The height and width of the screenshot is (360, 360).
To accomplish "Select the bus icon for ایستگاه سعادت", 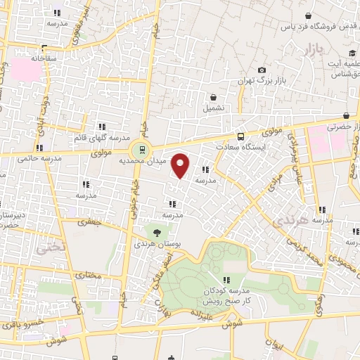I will click(x=241, y=136).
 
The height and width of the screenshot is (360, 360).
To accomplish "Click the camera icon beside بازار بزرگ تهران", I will click(x=262, y=70).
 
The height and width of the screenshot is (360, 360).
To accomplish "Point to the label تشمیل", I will click(x=214, y=109).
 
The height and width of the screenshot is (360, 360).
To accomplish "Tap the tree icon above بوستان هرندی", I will click(x=156, y=233).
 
